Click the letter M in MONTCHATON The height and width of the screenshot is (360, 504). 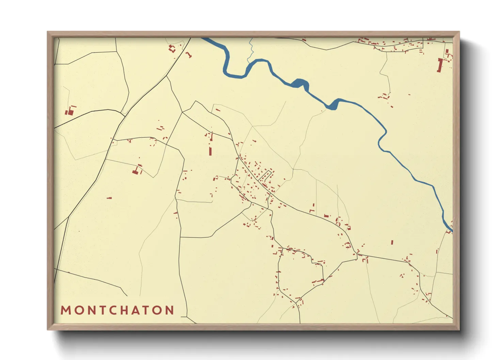click(65, 310)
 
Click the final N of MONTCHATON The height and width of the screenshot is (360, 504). click(169, 310)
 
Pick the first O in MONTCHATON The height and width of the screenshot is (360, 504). click(78, 310)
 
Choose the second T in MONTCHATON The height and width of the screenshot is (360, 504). click(148, 310)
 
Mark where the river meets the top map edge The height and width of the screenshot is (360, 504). click(205, 38)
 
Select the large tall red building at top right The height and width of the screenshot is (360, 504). click(439, 65)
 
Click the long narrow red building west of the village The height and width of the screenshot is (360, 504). click(210, 151)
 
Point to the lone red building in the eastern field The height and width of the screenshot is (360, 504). click(392, 242)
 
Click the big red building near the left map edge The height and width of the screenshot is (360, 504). click(71, 111)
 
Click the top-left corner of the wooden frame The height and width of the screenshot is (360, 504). click(48, 32)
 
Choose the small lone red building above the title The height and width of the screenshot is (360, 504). click(109, 198)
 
